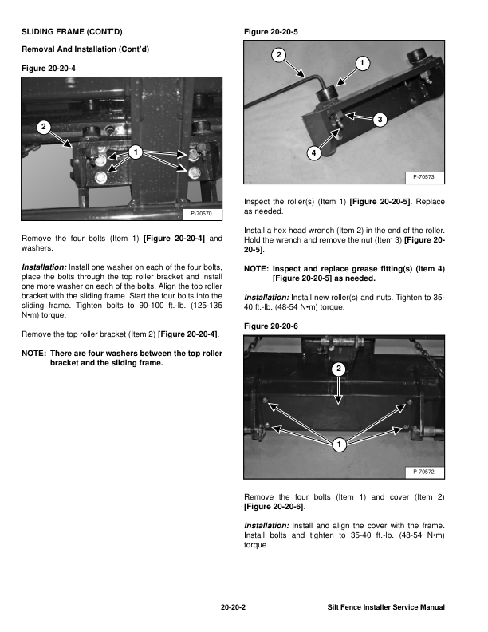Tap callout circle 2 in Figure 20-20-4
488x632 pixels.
tap(44, 127)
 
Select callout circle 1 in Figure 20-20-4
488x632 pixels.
tap(136, 152)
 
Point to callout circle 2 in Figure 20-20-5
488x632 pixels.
tap(277, 55)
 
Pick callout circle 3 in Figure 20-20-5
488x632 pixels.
tap(380, 120)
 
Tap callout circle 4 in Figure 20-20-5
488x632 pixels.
tap(314, 153)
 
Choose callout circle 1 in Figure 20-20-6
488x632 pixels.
tap(340, 444)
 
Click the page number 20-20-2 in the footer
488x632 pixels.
tap(233, 607)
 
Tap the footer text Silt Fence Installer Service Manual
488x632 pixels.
tap(386, 607)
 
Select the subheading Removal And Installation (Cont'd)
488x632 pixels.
tap(85, 50)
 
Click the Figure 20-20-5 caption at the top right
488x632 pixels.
tap(270, 32)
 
